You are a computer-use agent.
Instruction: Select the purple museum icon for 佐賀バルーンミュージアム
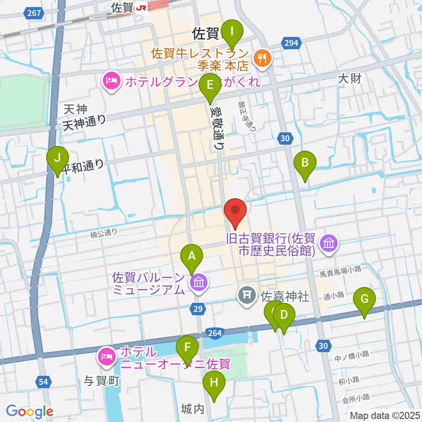click(199, 282)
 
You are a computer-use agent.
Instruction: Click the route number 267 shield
click(34, 13)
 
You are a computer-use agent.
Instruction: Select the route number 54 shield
click(43, 382)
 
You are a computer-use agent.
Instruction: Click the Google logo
click(29, 411)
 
